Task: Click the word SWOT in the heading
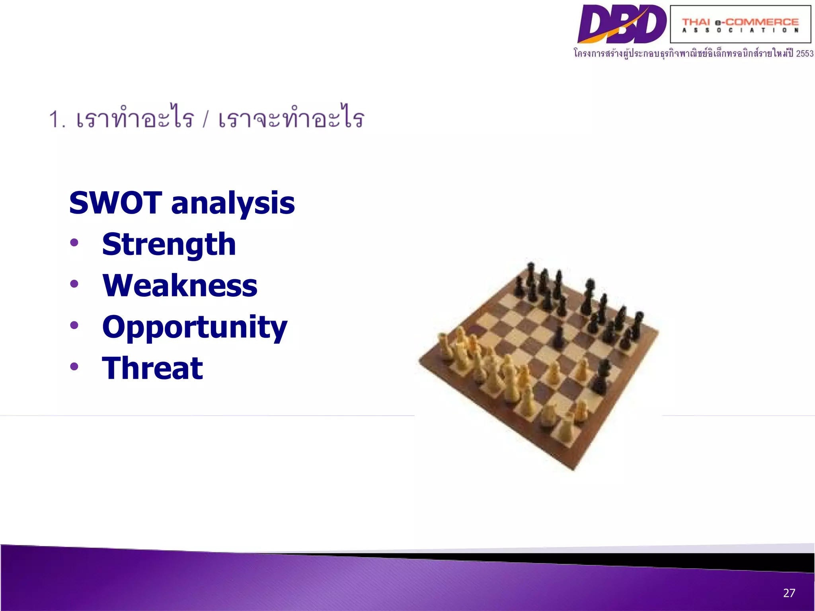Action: (x=115, y=203)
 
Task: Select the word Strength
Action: (x=169, y=244)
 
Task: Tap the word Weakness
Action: (x=179, y=286)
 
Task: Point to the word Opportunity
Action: (x=194, y=327)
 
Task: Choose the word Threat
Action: (x=152, y=368)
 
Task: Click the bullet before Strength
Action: (x=74, y=242)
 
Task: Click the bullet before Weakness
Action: (x=74, y=284)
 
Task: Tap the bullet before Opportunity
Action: (x=74, y=325)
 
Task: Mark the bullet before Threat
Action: (x=74, y=366)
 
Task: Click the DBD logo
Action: (x=622, y=24)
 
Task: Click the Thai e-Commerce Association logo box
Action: (x=740, y=24)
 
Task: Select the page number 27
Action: (x=789, y=593)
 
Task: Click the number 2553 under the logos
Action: (x=805, y=54)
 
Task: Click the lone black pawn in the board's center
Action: (x=559, y=337)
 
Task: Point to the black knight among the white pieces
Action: (x=601, y=376)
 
